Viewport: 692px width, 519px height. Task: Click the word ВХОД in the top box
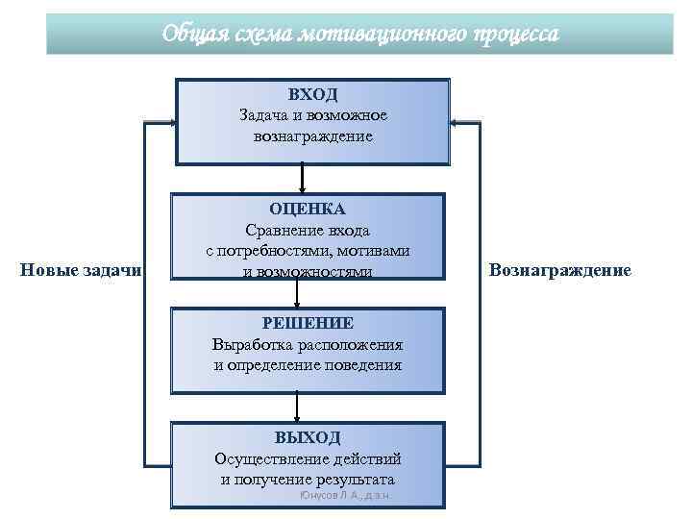tap(312, 94)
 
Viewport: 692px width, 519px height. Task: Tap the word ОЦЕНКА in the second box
tap(308, 209)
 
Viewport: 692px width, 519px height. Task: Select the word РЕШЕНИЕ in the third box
tap(308, 323)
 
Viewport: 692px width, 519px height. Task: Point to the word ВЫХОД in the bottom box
tap(308, 437)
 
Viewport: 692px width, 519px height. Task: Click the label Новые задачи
tap(81, 271)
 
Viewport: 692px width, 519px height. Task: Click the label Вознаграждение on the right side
tap(559, 271)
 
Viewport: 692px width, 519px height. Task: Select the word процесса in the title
tap(515, 34)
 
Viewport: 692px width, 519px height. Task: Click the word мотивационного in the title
tap(384, 34)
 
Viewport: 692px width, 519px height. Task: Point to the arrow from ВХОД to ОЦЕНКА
tap(303, 179)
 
